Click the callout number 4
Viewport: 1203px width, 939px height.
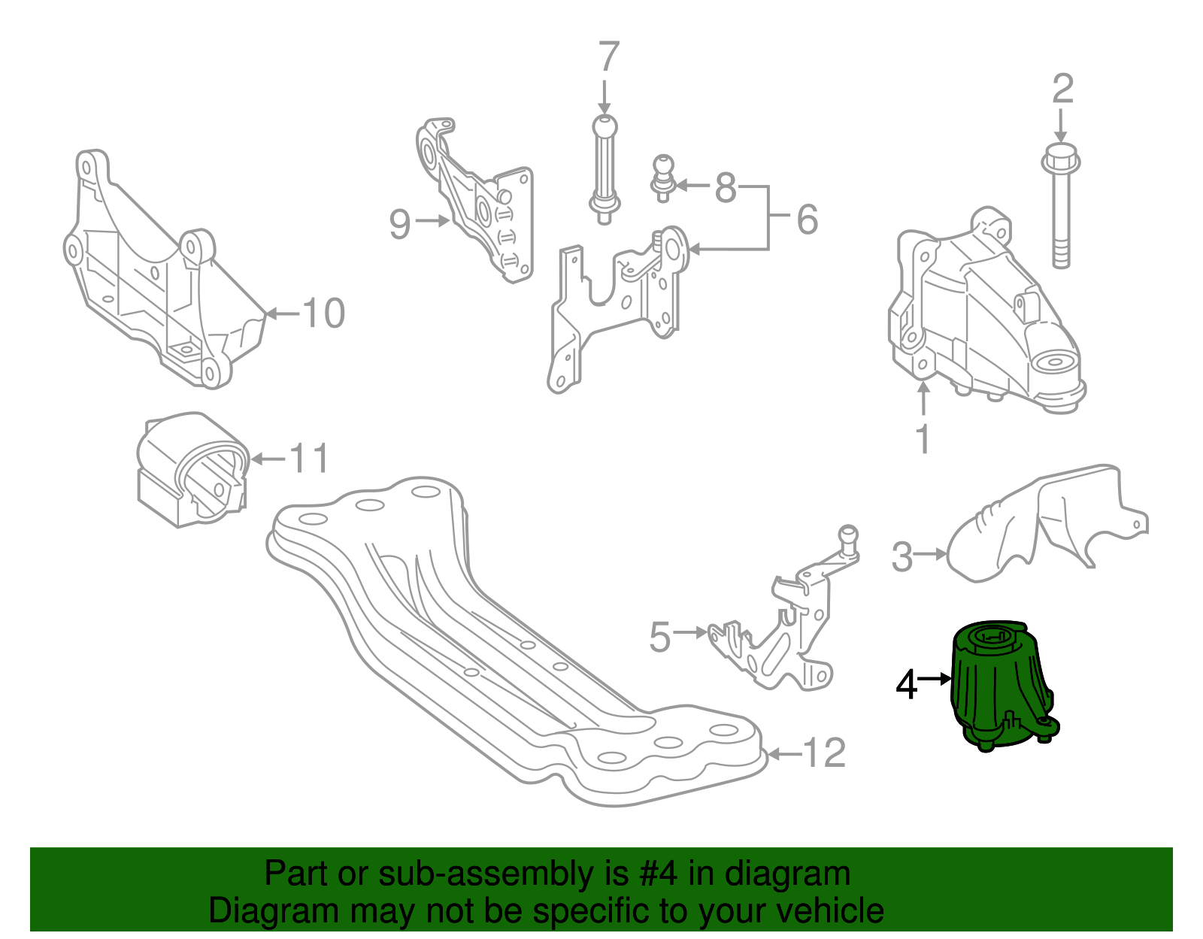coord(907,684)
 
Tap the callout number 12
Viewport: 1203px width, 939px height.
coord(824,753)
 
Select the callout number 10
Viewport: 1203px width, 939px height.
coord(324,313)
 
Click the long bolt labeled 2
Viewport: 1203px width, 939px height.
coord(1060,218)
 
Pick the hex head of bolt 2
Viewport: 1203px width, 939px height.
coord(1060,160)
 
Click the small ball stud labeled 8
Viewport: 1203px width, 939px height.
coord(662,177)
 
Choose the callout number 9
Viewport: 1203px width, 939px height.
coord(400,223)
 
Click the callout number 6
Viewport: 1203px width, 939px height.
coord(806,220)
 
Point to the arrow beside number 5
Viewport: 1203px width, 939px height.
coord(690,633)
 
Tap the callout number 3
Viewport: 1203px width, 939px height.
coord(901,557)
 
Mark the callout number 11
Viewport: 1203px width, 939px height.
coord(310,459)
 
